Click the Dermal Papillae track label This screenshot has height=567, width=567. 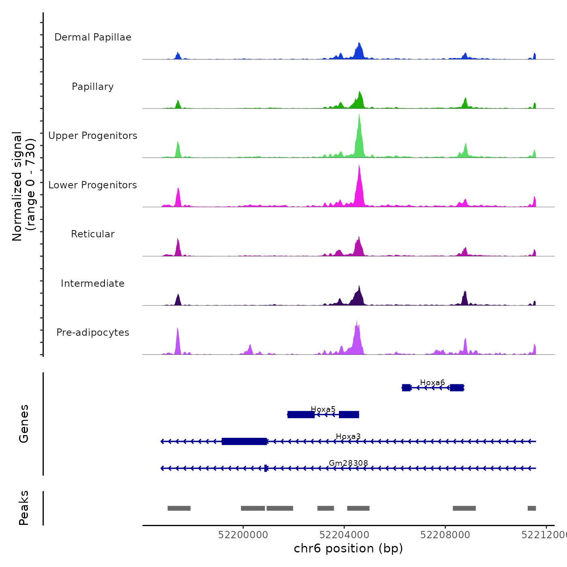[93, 37]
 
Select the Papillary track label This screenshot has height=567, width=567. [93, 87]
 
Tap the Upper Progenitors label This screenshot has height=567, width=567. [93, 136]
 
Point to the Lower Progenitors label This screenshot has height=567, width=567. [93, 185]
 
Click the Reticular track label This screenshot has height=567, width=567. [93, 234]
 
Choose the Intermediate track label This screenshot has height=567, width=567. [93, 283]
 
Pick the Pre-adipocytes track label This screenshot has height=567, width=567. [93, 333]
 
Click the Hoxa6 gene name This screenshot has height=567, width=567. [432, 382]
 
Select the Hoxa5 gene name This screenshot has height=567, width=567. [323, 409]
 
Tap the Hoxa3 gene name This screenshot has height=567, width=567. [348, 436]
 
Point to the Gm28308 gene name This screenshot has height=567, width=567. [348, 463]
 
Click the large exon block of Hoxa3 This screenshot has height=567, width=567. [244, 441]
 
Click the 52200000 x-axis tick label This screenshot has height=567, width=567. [243, 535]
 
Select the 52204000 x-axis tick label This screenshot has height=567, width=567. [344, 535]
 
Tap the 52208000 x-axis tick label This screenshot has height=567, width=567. [445, 535]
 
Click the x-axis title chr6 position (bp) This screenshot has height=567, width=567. [348, 548]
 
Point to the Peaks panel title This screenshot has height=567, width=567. [24, 508]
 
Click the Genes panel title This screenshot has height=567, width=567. [24, 424]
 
